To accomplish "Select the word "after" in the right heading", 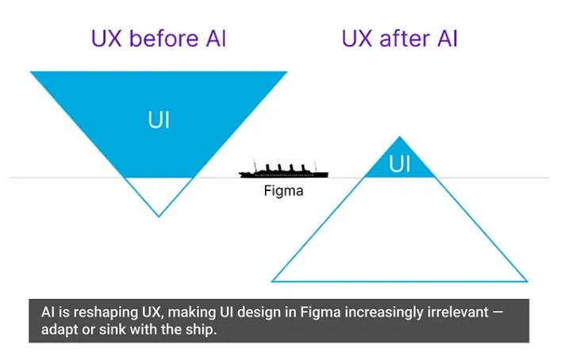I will point(400,38).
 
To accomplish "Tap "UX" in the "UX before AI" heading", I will point(109,38).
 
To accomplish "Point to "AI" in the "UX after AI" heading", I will point(443,38).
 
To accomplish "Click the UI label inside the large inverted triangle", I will point(159,120).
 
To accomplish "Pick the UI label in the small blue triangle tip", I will point(400,164).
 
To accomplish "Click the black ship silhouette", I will point(286,170).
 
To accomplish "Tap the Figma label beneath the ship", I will point(283,191).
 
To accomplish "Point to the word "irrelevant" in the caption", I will point(455,313).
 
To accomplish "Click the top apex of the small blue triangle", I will point(400,138).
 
